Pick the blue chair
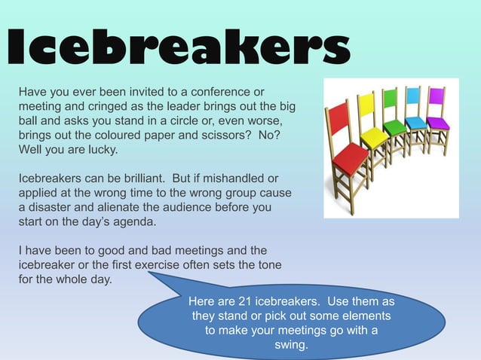tap(414, 113)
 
